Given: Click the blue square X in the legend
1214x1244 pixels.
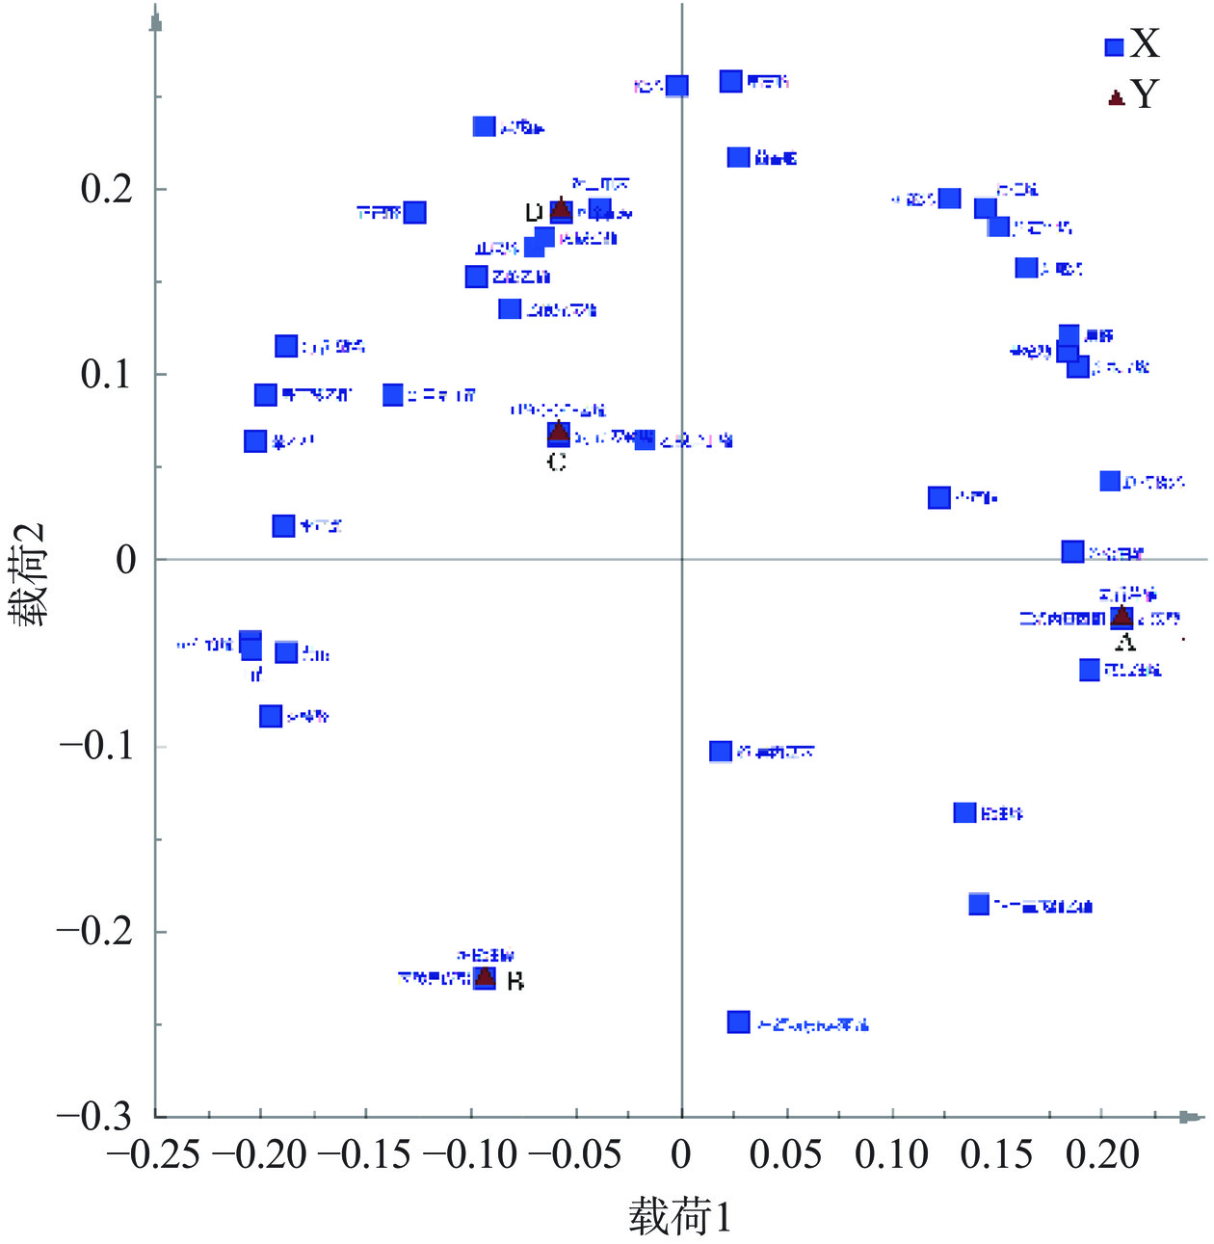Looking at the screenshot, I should [x=1114, y=47].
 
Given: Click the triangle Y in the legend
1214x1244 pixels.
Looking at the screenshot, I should [x=1117, y=97].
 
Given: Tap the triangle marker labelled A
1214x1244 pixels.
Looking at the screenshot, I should [x=1121, y=616].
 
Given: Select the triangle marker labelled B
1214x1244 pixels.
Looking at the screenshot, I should [x=485, y=977].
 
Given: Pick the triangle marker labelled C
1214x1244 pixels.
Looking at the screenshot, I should [x=558, y=432].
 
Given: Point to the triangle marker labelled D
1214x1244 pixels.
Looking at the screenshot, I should [x=561, y=209].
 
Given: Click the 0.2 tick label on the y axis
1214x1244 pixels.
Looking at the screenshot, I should [x=107, y=189].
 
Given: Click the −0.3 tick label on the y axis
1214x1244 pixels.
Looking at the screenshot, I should [x=93, y=1117].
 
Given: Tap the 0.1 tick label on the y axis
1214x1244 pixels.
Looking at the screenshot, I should [x=107, y=375].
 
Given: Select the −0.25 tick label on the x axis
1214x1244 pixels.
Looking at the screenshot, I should [x=153, y=1153].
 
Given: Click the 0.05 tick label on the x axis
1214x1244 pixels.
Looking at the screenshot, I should [x=786, y=1153].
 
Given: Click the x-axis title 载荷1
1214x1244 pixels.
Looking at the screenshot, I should [x=680, y=1217].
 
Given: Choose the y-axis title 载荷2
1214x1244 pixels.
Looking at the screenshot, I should [x=31, y=575].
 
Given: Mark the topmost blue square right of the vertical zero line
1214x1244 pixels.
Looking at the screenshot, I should [x=731, y=81].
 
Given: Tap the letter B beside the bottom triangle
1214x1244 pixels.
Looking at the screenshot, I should [x=515, y=982].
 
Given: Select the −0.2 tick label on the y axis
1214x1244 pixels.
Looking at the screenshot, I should [x=93, y=932].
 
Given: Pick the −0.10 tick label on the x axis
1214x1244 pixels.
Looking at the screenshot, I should [x=470, y=1153].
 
